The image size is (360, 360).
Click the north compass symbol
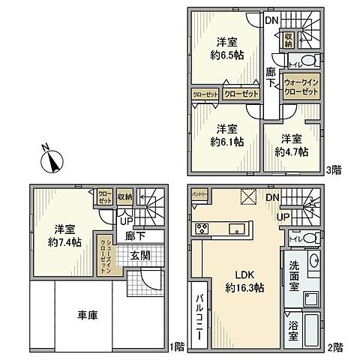50,159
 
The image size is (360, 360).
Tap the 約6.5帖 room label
226,48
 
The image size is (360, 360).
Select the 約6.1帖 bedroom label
226,134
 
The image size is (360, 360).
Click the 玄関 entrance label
139,256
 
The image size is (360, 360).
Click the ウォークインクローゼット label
301,86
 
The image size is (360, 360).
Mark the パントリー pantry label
199,193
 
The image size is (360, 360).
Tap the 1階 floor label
177,346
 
